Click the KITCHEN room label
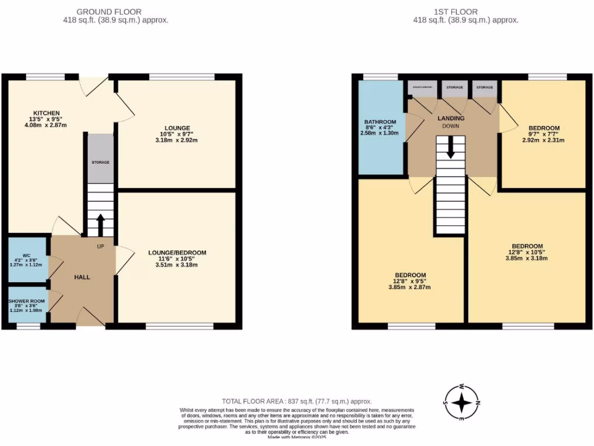click(46, 113)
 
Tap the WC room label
click(26, 255)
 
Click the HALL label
click(82, 278)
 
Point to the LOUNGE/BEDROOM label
click(177, 253)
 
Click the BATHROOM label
click(380, 122)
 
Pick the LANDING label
click(451, 118)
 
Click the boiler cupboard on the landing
click(422, 88)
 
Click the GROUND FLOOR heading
click(109, 12)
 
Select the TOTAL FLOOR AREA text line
click(297, 401)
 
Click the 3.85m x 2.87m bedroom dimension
click(410, 287)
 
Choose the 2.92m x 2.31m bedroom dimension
click(544, 139)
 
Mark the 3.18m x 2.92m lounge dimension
click(177, 139)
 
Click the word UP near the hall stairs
click(100, 246)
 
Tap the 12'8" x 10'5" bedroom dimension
click(527, 252)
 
